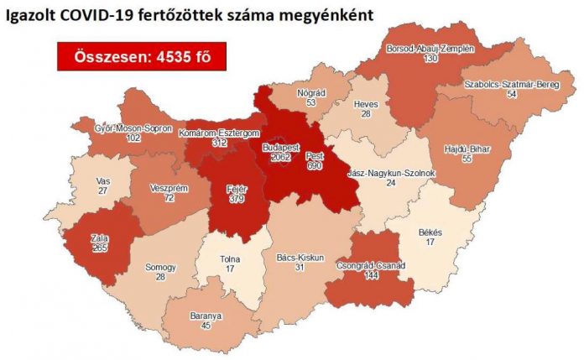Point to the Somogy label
[x=157, y=267]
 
